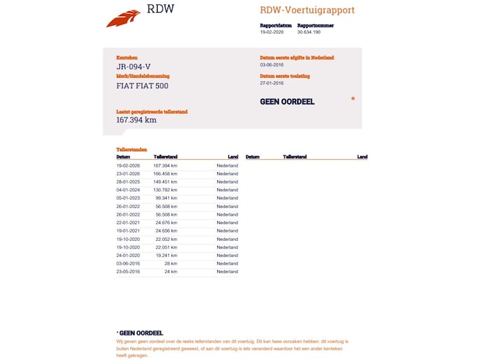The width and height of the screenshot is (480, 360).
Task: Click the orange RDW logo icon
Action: pyautogui.click(x=123, y=18)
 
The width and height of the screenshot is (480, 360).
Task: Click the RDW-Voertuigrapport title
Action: pyautogui.click(x=307, y=10)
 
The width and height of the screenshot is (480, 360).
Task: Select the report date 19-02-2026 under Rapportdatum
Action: pyautogui.click(x=270, y=32)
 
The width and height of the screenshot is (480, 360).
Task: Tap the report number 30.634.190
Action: pyautogui.click(x=308, y=32)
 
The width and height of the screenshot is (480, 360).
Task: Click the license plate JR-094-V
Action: pyautogui.click(x=133, y=67)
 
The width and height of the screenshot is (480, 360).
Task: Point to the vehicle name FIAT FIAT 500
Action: pyautogui.click(x=142, y=86)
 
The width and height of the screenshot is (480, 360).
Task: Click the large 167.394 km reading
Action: pyautogui.click(x=136, y=120)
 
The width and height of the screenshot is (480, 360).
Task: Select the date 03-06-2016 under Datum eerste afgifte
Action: pyautogui.click(x=271, y=64)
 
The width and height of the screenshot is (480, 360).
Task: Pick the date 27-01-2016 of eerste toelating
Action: pyautogui.click(x=271, y=83)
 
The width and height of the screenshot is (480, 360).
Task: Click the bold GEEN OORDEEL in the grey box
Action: pyautogui.click(x=287, y=102)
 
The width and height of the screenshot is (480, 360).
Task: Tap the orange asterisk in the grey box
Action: pyautogui.click(x=353, y=99)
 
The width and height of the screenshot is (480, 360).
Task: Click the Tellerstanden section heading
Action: pyautogui.click(x=132, y=150)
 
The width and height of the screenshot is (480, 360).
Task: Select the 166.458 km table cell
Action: pyautogui.click(x=165, y=173)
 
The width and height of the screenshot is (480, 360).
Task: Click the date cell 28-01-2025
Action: pyautogui.click(x=128, y=181)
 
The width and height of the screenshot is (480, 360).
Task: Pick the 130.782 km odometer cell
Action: pyautogui.click(x=165, y=190)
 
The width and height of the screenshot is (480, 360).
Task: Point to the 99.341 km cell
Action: pyautogui.click(x=167, y=198)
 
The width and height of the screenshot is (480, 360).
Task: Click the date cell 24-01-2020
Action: pyautogui.click(x=128, y=256)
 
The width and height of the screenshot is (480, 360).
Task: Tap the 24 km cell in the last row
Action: pyautogui.click(x=171, y=272)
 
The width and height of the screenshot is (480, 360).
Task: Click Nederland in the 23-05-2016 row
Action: pyautogui.click(x=227, y=272)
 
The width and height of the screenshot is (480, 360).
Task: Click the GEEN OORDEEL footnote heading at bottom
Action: pyautogui.click(x=141, y=333)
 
